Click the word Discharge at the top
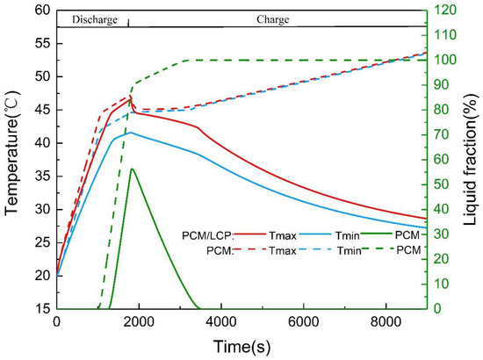pos(89,19)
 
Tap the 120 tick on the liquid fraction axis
pos(446,11)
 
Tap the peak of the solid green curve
pos(132,169)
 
